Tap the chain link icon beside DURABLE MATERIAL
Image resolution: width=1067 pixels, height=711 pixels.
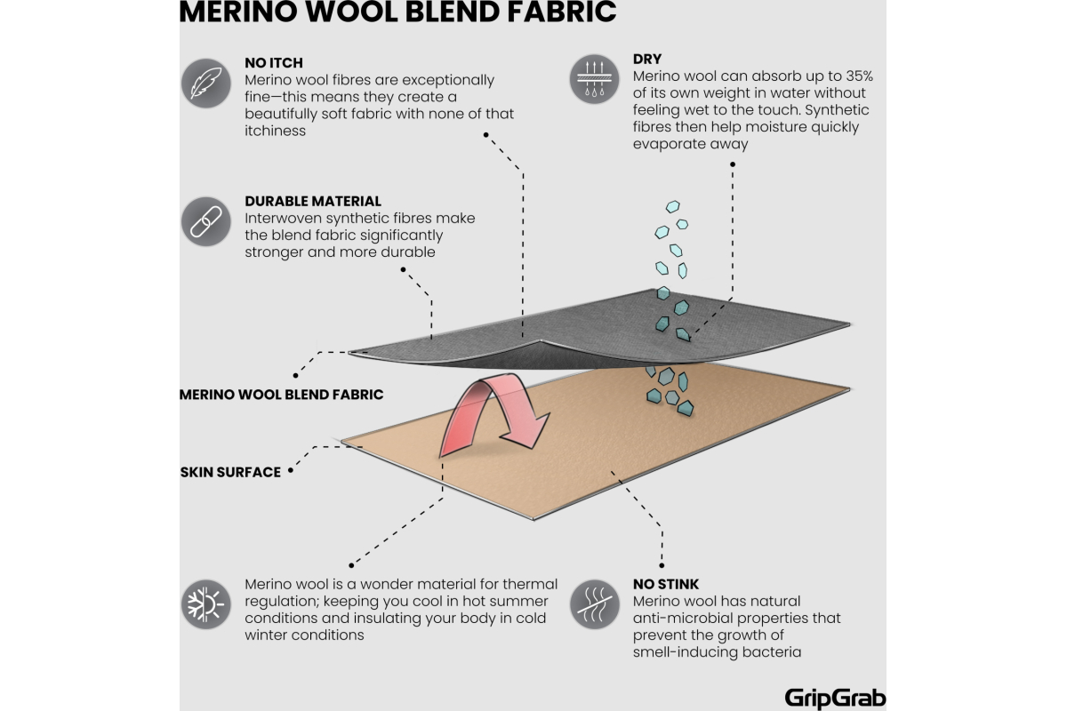[207, 221]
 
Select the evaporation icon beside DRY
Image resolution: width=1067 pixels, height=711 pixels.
[594, 79]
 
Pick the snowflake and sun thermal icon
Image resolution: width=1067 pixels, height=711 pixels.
[205, 604]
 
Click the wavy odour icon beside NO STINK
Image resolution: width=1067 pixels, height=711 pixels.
[594, 604]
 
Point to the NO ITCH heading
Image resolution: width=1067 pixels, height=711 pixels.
[274, 63]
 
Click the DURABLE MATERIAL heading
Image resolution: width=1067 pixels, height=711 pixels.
[313, 201]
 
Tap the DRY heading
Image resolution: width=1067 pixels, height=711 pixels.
[647, 60]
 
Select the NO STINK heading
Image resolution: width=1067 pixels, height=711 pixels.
[666, 584]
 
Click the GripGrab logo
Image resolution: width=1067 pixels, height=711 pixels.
[835, 697]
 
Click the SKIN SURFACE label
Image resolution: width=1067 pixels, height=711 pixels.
[230, 472]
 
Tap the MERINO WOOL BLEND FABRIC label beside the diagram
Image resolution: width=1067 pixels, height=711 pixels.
[281, 394]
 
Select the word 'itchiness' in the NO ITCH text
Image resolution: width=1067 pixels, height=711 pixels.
[275, 131]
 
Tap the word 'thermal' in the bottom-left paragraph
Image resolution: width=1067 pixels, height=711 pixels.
[531, 584]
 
